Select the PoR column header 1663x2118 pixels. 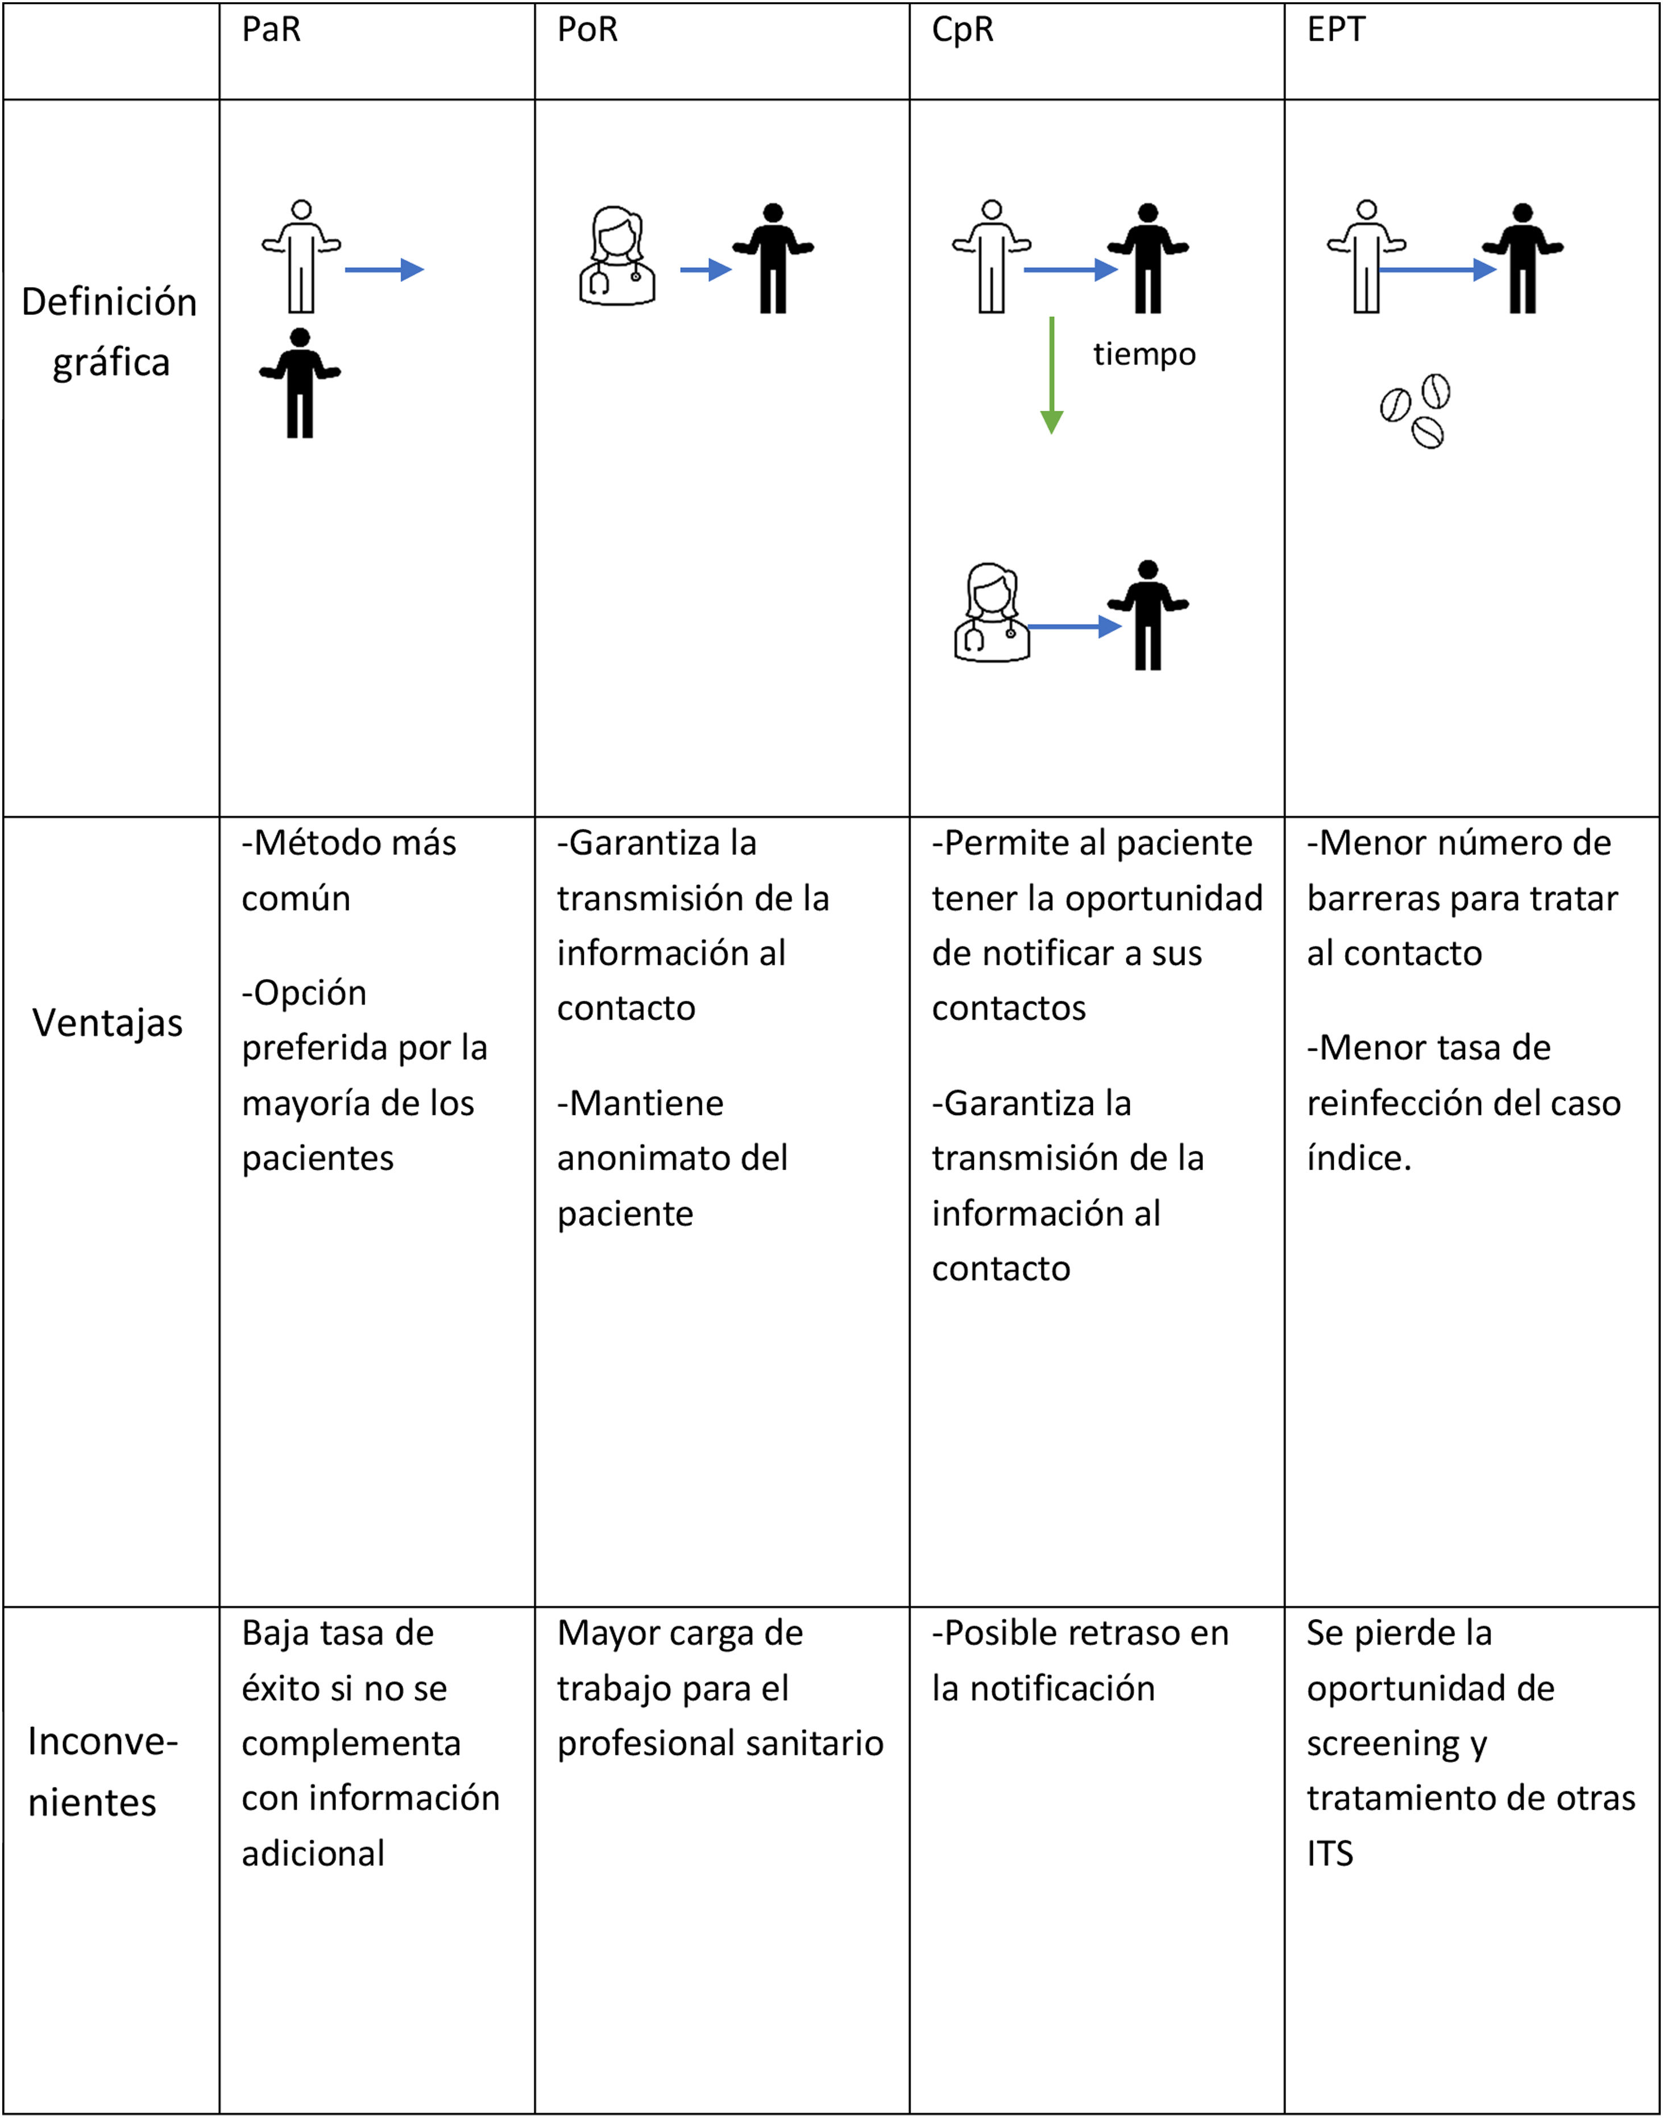tap(587, 30)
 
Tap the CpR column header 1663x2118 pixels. tap(962, 30)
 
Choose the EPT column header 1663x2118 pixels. tap(1336, 30)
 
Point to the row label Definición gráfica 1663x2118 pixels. tap(110, 331)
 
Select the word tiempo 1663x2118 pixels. tap(1144, 353)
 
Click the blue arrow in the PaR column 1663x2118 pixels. tap(384, 269)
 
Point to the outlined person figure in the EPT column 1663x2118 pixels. tap(1366, 257)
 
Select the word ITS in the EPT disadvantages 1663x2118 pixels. tap(1329, 1853)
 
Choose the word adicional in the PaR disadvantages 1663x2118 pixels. tap(313, 1853)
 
